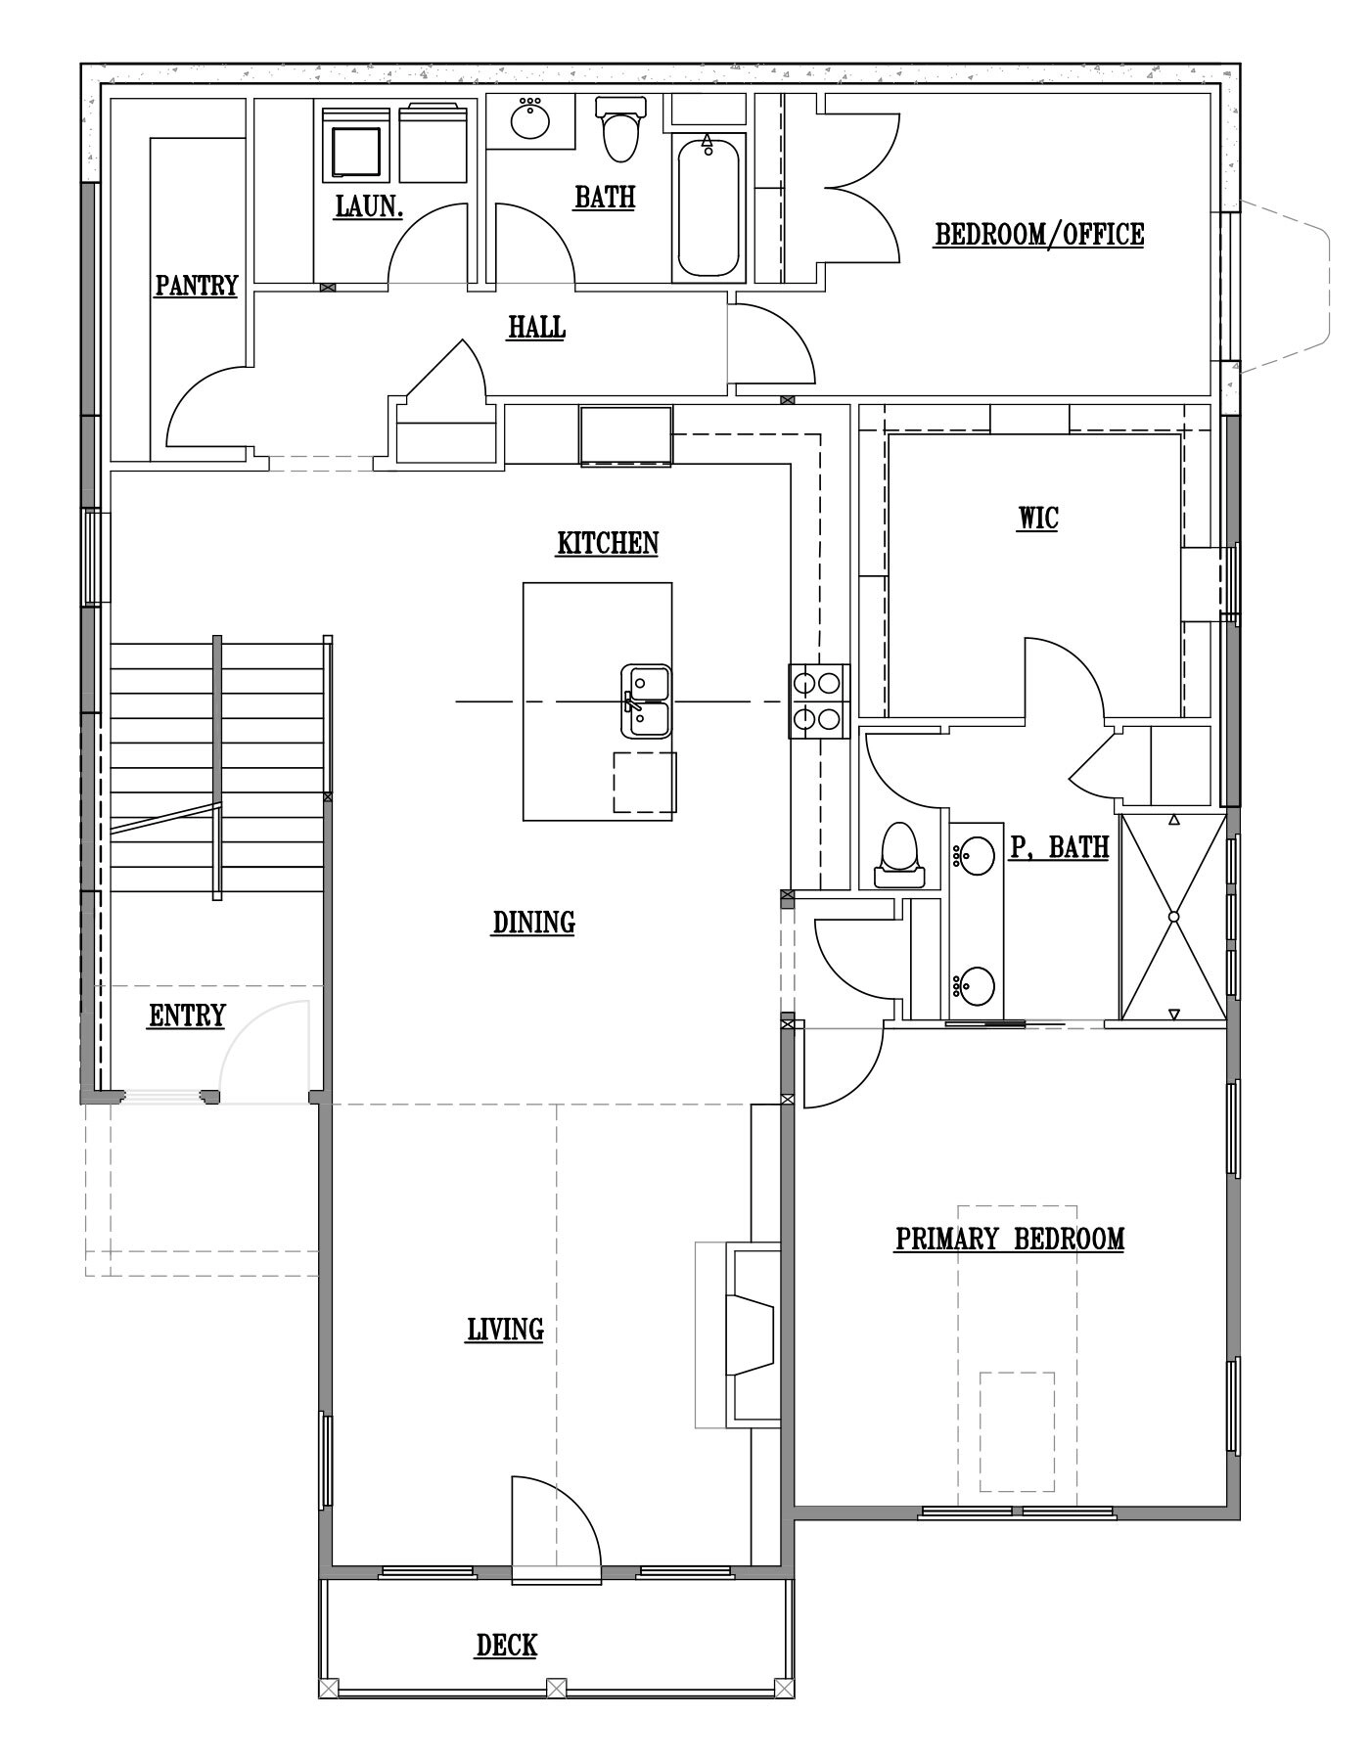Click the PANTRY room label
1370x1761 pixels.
point(197,286)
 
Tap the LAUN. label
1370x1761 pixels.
point(369,206)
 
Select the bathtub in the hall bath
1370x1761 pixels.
point(708,207)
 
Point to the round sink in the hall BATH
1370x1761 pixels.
point(529,119)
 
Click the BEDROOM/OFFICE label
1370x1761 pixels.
point(1039,235)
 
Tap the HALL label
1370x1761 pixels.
point(536,327)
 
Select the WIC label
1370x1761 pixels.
point(1038,518)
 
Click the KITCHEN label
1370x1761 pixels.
point(608,543)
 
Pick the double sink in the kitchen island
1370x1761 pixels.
point(646,701)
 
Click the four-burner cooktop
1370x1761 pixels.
point(818,700)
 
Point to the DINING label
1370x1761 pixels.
point(533,923)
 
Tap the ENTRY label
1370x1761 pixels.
point(187,1016)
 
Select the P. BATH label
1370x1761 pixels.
point(1060,847)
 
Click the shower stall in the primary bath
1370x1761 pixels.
point(1171,916)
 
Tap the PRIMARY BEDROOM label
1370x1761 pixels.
point(1010,1239)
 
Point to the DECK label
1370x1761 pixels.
point(507,1646)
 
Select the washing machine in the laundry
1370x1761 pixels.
point(356,144)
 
